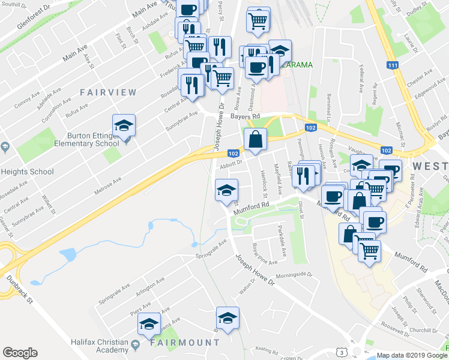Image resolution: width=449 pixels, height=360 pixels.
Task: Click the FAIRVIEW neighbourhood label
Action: click(x=108, y=92)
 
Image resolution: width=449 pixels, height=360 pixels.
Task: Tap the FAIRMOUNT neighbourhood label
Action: click(x=185, y=343)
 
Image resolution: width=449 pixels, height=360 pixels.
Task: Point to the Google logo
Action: click(x=20, y=353)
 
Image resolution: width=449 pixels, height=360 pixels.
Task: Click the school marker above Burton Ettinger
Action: click(x=124, y=126)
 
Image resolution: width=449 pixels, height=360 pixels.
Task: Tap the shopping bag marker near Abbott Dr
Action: click(x=255, y=139)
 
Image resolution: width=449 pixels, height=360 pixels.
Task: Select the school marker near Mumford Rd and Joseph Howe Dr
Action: click(x=226, y=191)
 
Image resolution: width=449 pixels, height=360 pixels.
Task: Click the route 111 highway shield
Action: click(x=393, y=65)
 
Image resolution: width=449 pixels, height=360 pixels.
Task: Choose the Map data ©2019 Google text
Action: click(x=412, y=355)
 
